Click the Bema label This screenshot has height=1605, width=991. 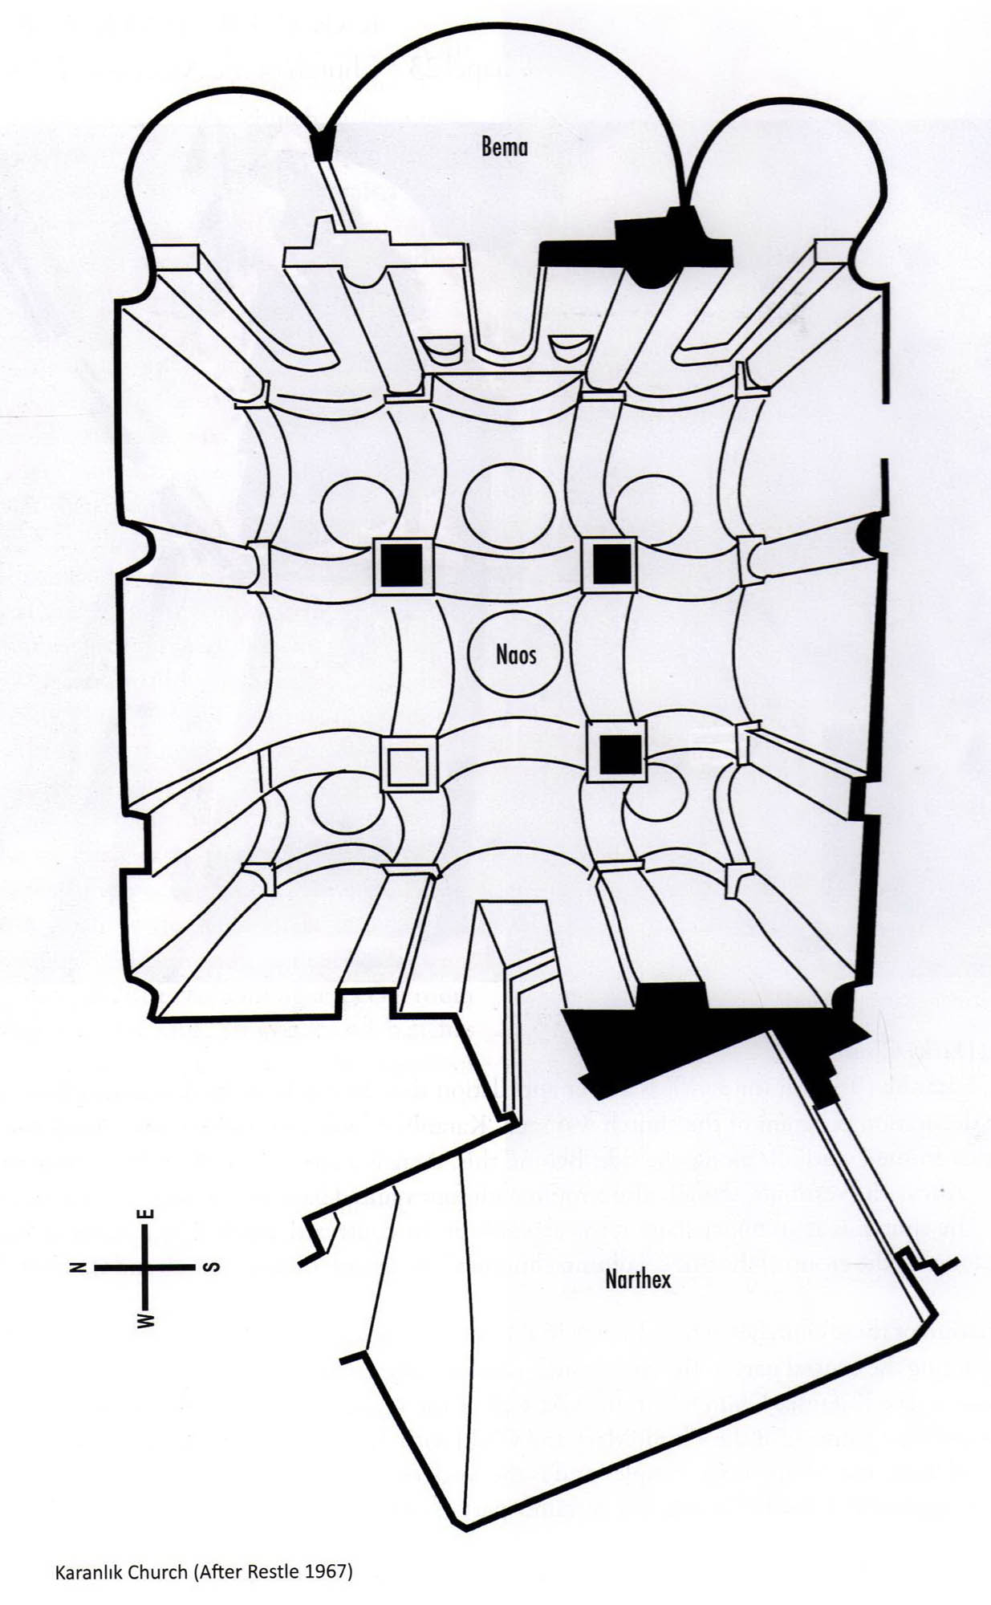[x=505, y=147]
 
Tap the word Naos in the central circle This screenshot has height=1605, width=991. [x=516, y=655]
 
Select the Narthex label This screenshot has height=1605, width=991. [x=638, y=1278]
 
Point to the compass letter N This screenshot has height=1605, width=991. [x=78, y=1268]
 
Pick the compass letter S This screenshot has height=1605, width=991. [x=211, y=1268]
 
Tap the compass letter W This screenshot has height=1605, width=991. [x=145, y=1319]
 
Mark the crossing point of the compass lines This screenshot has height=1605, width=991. [x=145, y=1268]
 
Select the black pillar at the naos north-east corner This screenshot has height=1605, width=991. [x=401, y=565]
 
